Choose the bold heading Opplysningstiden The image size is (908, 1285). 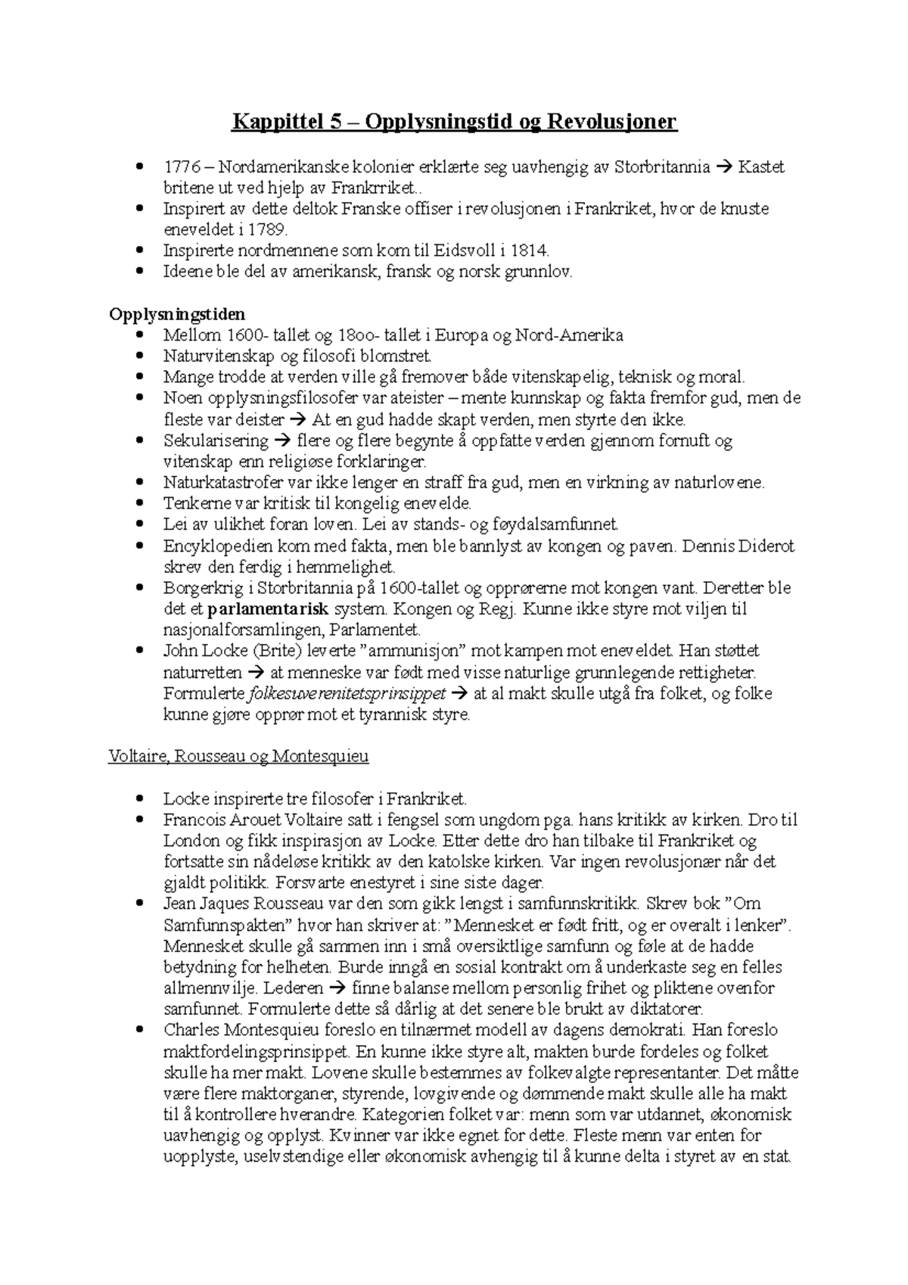(177, 314)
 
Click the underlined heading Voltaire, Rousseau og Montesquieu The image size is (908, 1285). (238, 756)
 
